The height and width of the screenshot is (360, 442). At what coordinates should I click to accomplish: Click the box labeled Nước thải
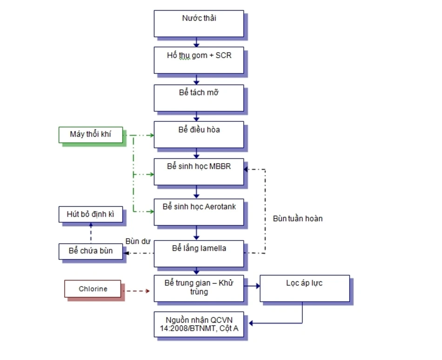pos(199,24)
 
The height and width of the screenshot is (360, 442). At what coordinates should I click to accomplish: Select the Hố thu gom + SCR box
pos(199,60)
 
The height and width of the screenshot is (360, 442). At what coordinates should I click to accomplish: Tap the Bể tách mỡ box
pos(199,98)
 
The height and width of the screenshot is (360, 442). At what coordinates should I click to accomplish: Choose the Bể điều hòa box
pos(199,134)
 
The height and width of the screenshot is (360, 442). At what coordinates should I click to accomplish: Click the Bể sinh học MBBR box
pos(199,171)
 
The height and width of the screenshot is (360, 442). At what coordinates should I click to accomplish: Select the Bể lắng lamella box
pos(199,253)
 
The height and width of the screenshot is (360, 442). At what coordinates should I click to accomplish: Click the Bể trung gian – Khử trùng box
pos(199,288)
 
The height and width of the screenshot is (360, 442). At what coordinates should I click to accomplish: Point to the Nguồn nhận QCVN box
pos(199,324)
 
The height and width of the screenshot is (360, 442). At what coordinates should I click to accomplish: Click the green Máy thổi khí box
pos(91,135)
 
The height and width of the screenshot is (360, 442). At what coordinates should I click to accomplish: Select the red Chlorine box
pos(93,289)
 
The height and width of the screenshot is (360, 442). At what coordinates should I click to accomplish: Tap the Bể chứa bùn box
pos(91,251)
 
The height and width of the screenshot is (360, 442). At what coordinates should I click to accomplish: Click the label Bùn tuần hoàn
pos(298,218)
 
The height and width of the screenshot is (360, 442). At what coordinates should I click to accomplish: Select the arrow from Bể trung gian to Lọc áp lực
pos(252,287)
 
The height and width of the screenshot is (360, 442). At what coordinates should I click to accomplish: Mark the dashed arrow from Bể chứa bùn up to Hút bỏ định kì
pos(91,233)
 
